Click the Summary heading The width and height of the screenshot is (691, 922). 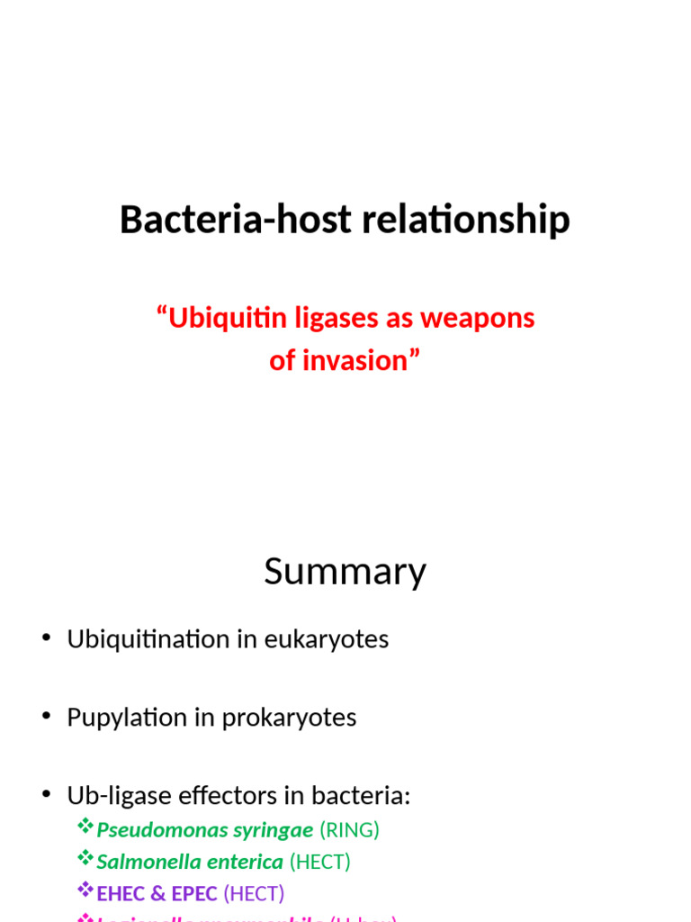click(x=345, y=572)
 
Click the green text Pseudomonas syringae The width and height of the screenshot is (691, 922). click(x=205, y=830)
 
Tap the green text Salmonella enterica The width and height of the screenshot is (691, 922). click(x=190, y=863)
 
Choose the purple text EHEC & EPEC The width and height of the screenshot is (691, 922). click(x=157, y=894)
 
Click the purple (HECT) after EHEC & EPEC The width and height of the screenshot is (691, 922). click(x=254, y=894)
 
